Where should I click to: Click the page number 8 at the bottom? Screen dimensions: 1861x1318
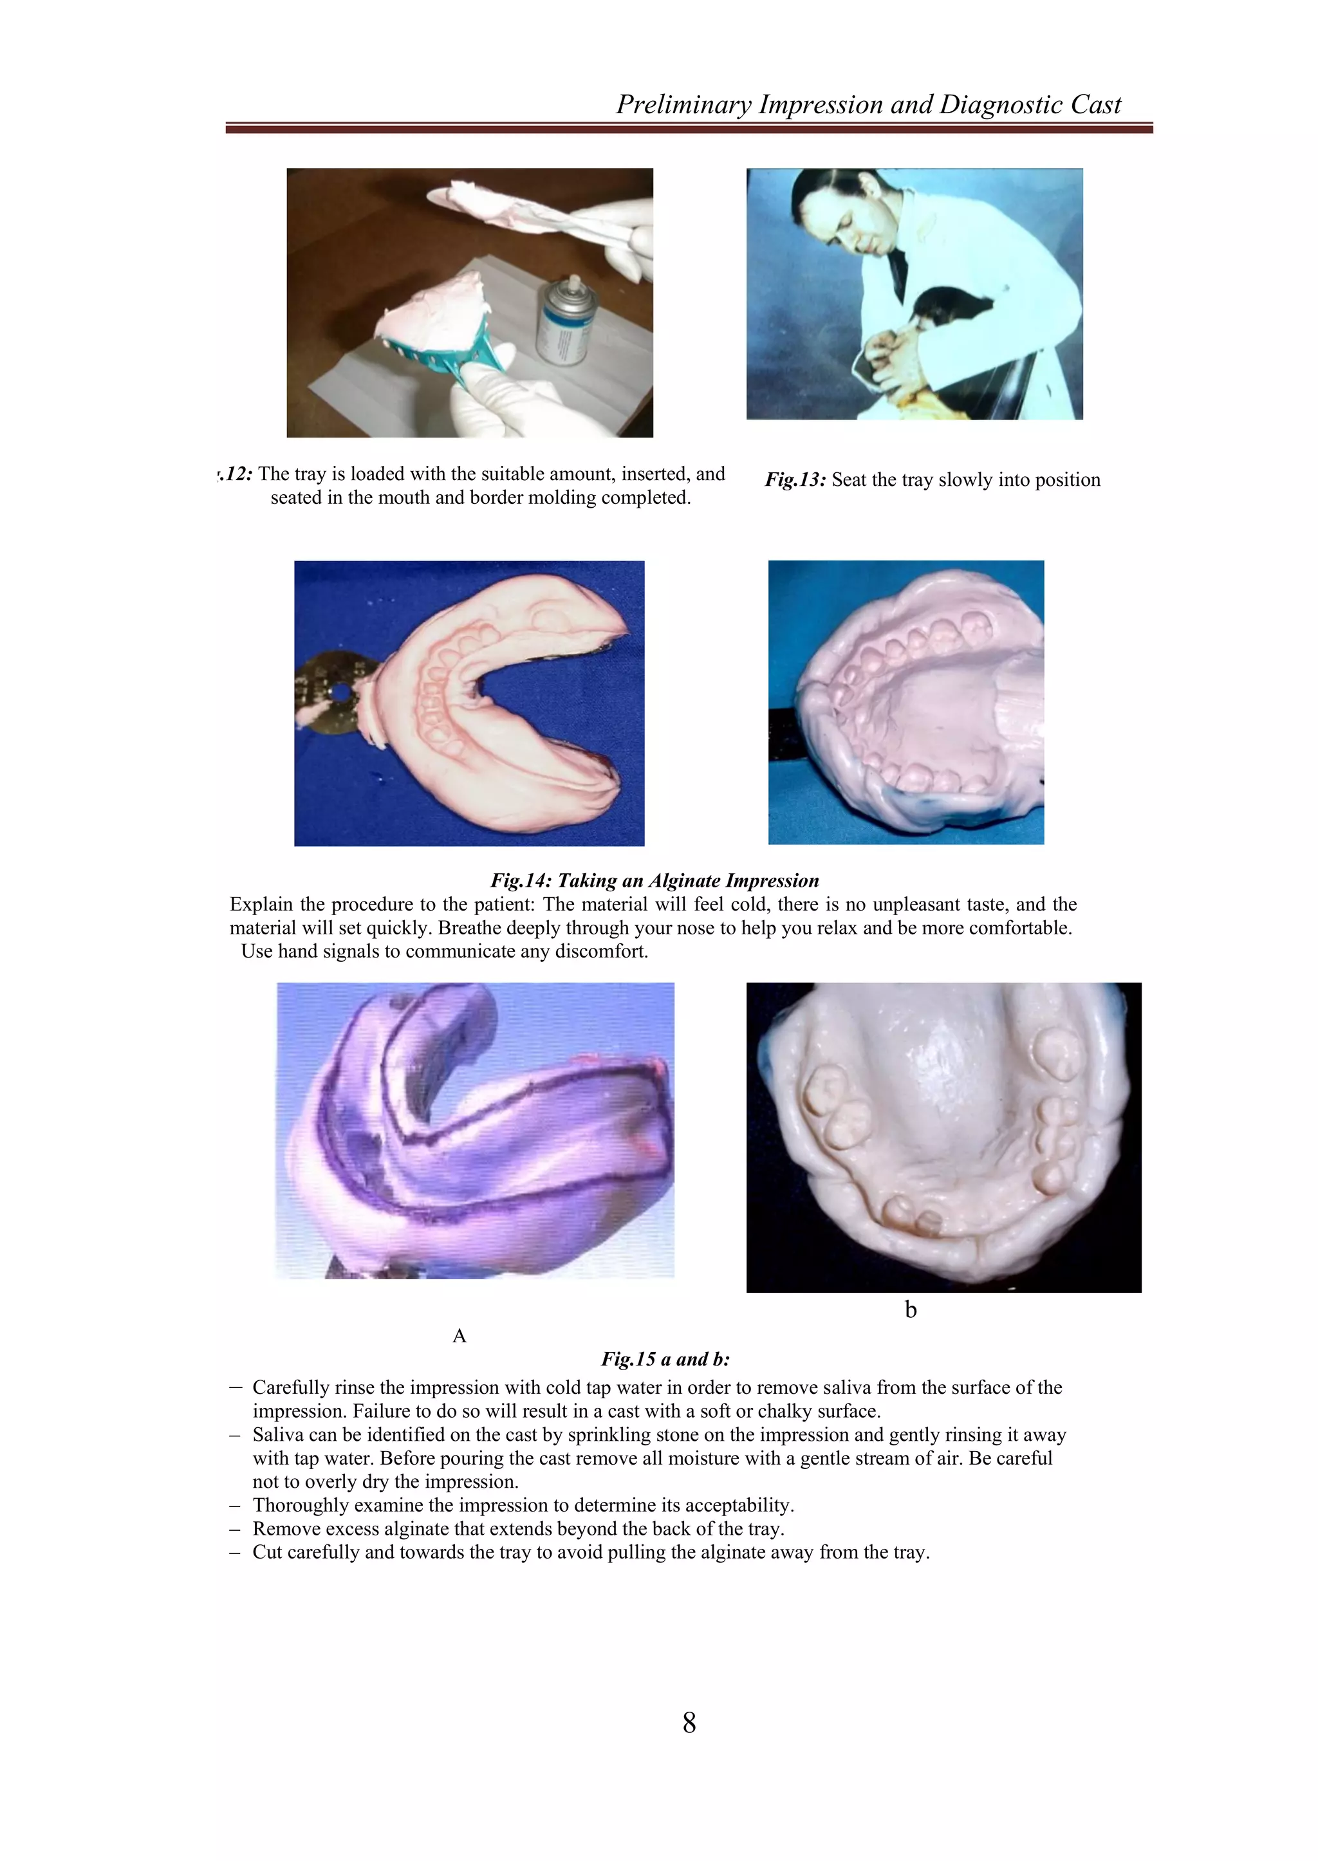click(689, 1721)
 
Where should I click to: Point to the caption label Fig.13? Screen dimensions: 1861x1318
click(795, 479)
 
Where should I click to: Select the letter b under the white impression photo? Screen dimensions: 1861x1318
click(911, 1309)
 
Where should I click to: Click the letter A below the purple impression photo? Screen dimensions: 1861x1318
click(459, 1335)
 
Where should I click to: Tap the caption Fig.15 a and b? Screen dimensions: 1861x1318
click(665, 1358)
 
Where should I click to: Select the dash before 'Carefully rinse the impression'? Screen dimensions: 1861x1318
click(236, 1388)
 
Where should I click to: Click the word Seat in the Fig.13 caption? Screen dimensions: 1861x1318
click(849, 479)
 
